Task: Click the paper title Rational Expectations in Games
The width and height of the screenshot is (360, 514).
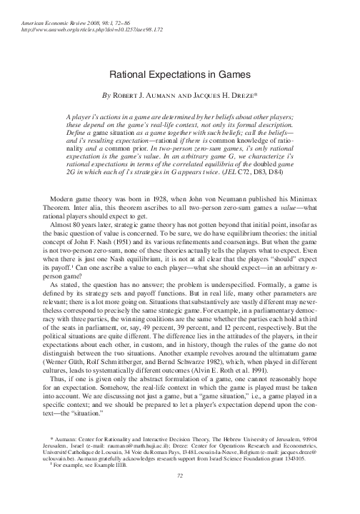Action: tap(179, 74)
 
